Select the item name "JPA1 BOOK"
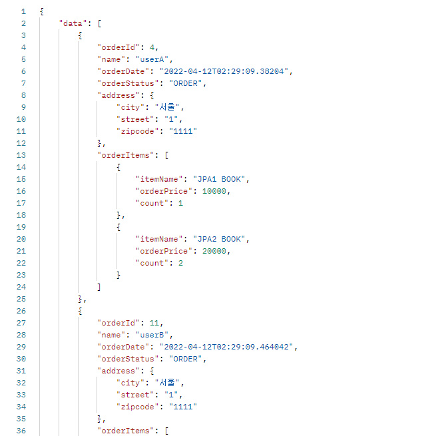[220, 179]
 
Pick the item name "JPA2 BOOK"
[220, 239]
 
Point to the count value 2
[180, 263]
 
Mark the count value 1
[180, 203]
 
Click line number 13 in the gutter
[23, 155]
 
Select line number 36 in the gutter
[23, 431]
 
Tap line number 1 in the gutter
[25, 11]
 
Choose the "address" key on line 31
[117, 371]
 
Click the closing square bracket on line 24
[99, 287]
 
